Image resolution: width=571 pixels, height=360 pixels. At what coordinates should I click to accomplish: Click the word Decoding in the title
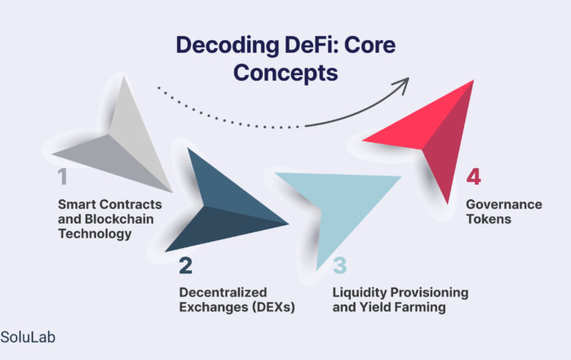click(x=213, y=46)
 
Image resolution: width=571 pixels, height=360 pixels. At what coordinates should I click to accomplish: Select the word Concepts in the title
click(x=285, y=73)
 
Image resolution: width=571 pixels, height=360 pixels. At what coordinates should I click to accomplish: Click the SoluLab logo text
click(x=29, y=336)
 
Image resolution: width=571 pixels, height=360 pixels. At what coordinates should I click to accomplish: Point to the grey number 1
click(x=63, y=177)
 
